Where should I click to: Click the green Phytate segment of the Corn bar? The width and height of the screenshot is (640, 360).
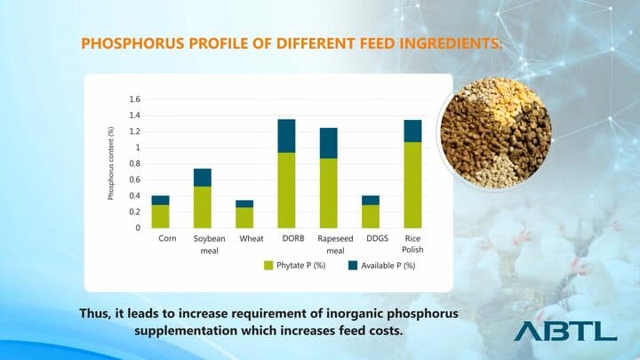point(160,216)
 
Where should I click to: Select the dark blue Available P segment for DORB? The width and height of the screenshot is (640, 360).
point(286,136)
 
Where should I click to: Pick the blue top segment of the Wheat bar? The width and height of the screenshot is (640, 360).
point(244,204)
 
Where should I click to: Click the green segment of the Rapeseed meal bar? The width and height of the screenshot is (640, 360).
point(328,193)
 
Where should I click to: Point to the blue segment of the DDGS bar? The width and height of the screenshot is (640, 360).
point(371,200)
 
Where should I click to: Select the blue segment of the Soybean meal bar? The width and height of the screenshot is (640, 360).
point(202,177)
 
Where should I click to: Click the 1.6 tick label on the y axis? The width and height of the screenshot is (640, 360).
point(135,99)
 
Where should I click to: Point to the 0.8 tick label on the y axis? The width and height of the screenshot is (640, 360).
point(135,164)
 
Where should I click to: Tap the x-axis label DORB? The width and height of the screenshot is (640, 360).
point(286,239)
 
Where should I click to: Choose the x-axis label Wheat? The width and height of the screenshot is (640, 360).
point(244,239)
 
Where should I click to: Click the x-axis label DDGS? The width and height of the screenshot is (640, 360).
point(371,239)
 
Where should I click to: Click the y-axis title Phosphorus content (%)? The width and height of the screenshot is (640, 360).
point(111,164)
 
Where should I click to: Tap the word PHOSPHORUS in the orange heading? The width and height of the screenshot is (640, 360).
point(129,43)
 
